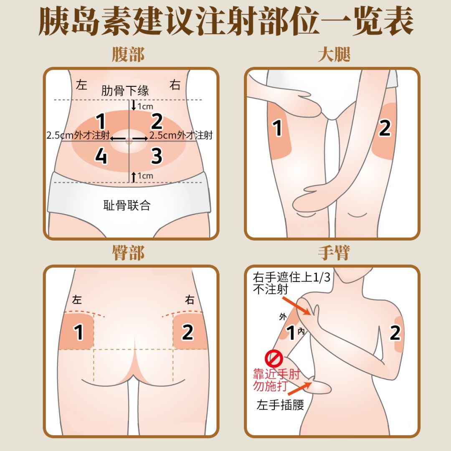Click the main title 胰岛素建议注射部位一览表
pos(225,21)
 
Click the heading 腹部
pos(128,55)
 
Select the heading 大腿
pos(334,55)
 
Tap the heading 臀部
pos(128,253)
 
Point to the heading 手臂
pos(334,253)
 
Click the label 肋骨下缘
pos(125,91)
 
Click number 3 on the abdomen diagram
pos(157,156)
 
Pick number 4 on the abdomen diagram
pos(101,156)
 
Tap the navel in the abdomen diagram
pos(128,142)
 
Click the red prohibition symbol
pos(274,358)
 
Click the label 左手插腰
pos(280,405)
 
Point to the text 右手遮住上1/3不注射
pos(288,283)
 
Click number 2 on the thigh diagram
pos(385,128)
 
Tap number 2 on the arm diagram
pos(395,333)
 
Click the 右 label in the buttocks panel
pos(190,300)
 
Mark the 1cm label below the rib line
pos(145,106)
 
